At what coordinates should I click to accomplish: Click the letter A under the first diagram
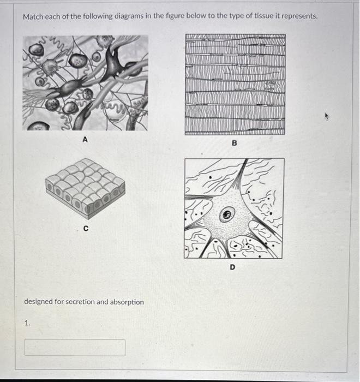(x=85, y=140)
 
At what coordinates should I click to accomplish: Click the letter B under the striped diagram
(x=235, y=143)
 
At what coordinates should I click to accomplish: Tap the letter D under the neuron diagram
(x=232, y=267)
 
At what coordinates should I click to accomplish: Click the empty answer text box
(x=75, y=348)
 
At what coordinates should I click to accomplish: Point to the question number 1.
(x=27, y=323)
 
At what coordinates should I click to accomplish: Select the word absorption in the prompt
(x=127, y=302)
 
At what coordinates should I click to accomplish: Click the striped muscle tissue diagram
(x=235, y=85)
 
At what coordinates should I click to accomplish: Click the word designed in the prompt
(x=39, y=302)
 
